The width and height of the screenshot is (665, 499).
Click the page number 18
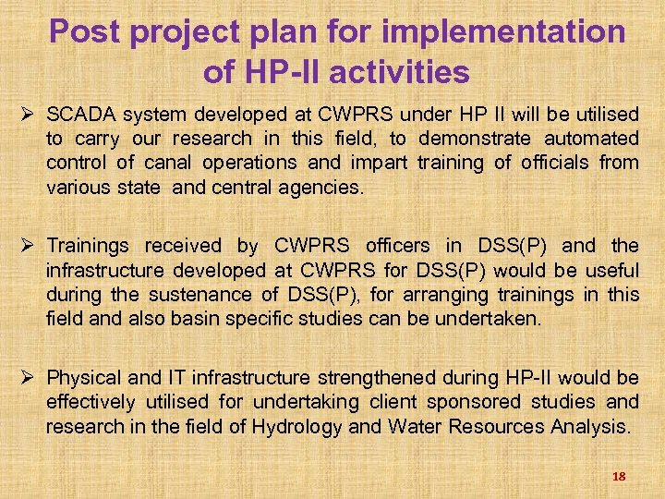tap(619, 476)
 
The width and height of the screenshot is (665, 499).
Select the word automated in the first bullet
tap(591, 139)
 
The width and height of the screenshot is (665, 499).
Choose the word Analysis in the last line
tap(593, 427)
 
